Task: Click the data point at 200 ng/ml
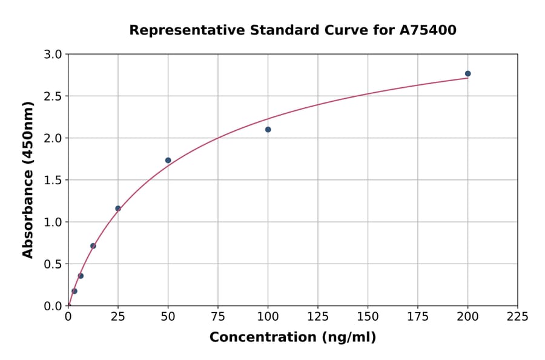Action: point(467,74)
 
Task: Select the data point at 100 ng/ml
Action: point(268,130)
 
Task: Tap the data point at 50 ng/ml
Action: point(168,161)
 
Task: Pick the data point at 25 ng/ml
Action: point(118,208)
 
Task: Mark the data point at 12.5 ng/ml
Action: point(93,246)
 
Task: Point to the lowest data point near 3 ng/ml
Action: point(74,291)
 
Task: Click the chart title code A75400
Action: point(428,30)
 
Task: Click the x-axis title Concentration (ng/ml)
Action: point(292,338)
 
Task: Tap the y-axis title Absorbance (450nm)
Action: point(28,180)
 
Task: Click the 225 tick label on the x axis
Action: point(517,317)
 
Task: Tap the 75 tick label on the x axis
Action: point(218,317)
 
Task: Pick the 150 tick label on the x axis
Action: point(368,317)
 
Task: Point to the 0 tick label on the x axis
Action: point(68,317)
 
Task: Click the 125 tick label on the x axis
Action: point(318,317)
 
